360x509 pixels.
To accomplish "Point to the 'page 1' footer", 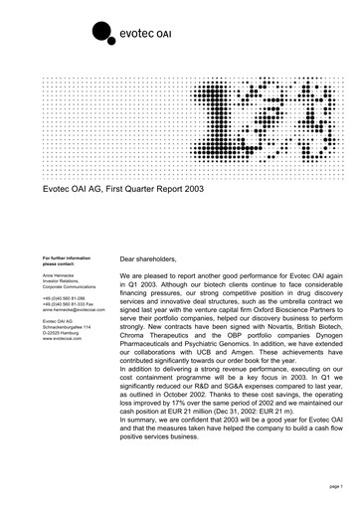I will (332, 485).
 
